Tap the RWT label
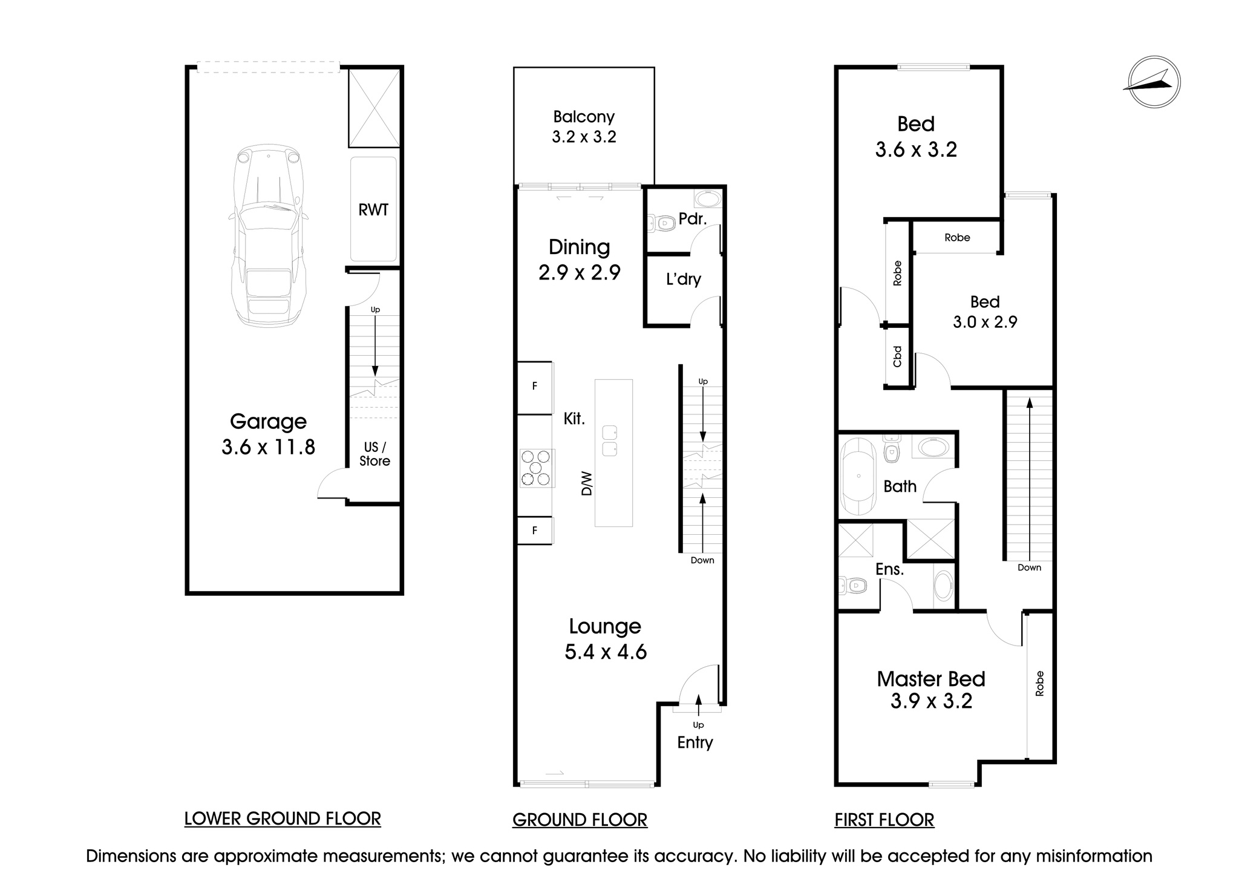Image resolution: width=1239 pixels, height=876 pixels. click(x=373, y=210)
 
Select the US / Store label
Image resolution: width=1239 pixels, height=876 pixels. click(x=374, y=454)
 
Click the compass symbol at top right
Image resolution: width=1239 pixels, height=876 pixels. click(x=1154, y=82)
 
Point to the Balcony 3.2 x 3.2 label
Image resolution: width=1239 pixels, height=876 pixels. click(x=584, y=126)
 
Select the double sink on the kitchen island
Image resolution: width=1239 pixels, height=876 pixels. click(x=610, y=440)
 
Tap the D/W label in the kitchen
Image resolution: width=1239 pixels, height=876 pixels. click(x=586, y=483)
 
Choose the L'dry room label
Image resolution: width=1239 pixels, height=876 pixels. click(x=683, y=279)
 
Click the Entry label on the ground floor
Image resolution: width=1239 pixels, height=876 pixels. click(x=695, y=742)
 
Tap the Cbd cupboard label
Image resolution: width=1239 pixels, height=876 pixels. click(x=897, y=356)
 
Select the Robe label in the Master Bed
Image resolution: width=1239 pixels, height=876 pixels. click(x=1039, y=684)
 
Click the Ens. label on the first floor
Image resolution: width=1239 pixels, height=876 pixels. click(x=889, y=569)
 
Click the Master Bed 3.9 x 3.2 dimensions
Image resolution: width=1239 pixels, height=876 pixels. click(x=931, y=701)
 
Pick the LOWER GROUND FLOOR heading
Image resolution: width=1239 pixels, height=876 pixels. click(x=283, y=819)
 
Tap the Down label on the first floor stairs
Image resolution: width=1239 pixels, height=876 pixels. click(x=1029, y=567)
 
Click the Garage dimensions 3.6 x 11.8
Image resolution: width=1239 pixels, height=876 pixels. click(x=268, y=447)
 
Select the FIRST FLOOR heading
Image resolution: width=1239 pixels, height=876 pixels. click(x=884, y=820)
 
